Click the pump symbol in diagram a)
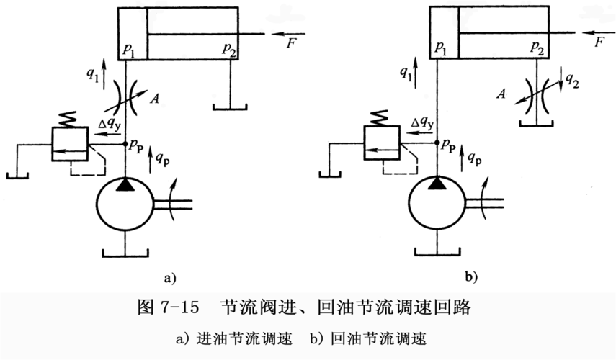coord(125,204)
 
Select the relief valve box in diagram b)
coord(380,143)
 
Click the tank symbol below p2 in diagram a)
coord(231,107)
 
